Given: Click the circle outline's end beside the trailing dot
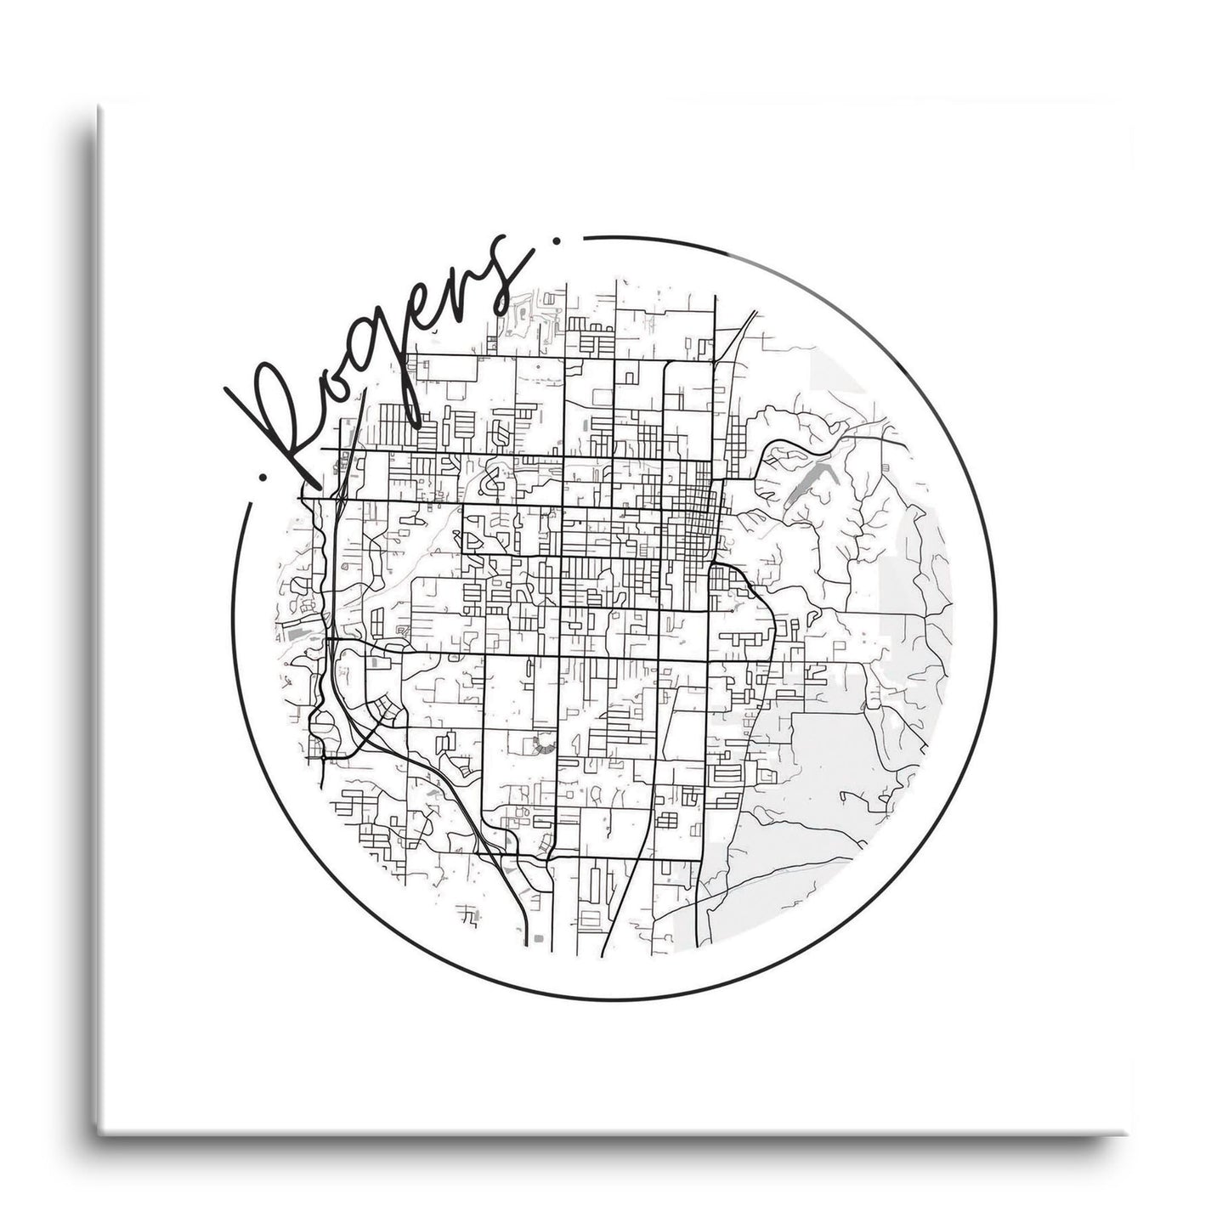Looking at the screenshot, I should tap(588, 237).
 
